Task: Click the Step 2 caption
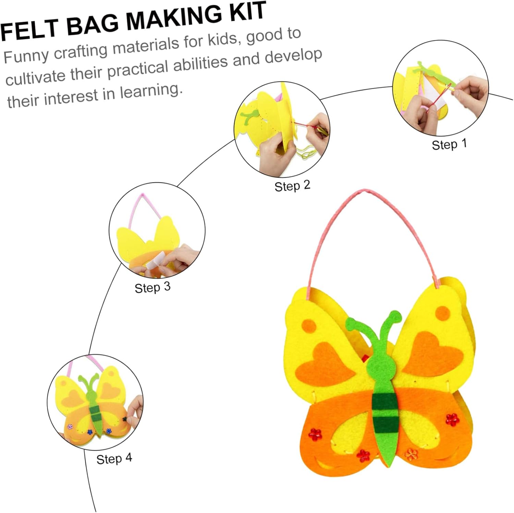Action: tap(292, 186)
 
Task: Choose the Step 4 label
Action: tap(114, 459)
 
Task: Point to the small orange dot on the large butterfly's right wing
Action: tap(442, 312)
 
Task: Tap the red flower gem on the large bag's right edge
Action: tap(452, 419)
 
